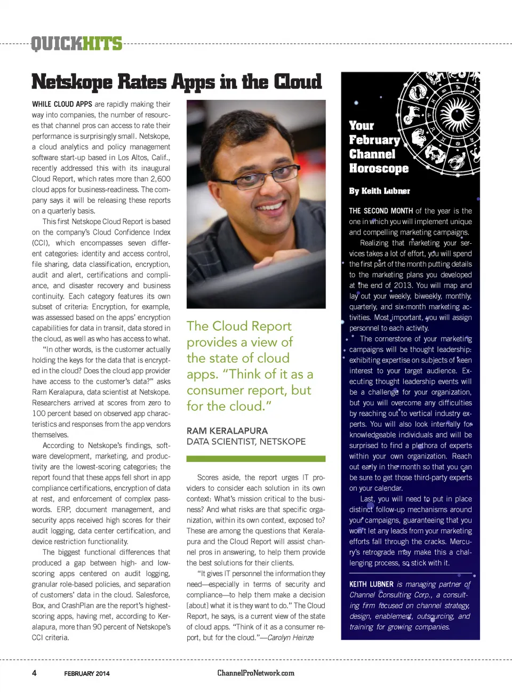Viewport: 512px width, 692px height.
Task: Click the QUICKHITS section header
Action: pos(76,43)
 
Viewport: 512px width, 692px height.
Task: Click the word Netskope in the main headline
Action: pos(72,82)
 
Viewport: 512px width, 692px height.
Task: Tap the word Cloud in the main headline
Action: pos(298,82)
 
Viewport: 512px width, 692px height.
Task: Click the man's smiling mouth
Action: pos(270,206)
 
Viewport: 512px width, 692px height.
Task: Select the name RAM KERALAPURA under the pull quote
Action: pos(227,431)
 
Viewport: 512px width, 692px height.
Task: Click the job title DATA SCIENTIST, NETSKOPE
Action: pos(246,441)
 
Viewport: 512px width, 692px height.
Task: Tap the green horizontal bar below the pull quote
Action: pos(255,459)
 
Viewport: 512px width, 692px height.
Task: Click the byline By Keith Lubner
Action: pos(379,190)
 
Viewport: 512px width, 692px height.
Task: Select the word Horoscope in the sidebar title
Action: pos(379,169)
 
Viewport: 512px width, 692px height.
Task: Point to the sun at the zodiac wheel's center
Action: pos(457,114)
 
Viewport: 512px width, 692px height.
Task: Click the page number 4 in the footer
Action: pos(34,673)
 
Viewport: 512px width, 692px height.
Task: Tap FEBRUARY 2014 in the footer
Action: pos(87,673)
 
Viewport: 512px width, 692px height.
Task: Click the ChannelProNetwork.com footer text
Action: pos(255,673)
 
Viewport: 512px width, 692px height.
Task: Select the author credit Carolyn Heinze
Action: pos(290,638)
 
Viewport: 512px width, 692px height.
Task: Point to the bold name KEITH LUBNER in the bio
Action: pos(371,584)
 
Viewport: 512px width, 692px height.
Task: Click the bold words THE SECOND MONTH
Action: pos(381,211)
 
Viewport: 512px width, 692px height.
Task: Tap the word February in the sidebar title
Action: pos(374,140)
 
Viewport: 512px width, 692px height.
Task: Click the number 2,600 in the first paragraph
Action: pos(160,179)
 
